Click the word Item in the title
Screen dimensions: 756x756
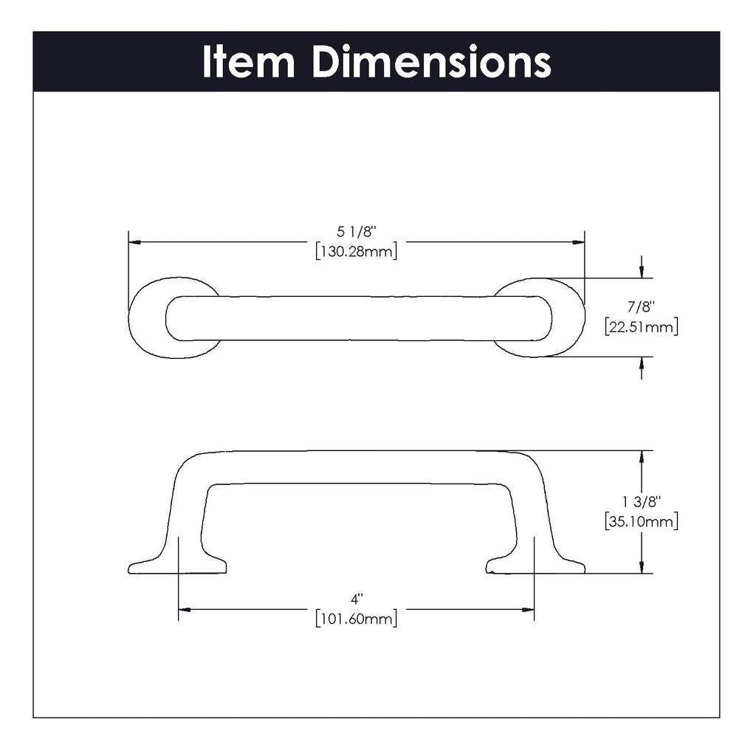click(248, 61)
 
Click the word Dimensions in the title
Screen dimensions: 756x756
click(431, 61)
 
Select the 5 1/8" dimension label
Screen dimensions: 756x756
click(356, 232)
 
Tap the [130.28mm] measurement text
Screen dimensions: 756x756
click(357, 251)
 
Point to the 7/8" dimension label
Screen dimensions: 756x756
click(641, 306)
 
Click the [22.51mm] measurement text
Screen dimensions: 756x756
click(642, 327)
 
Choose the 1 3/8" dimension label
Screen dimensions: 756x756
click(641, 502)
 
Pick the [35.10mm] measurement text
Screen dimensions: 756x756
click(642, 521)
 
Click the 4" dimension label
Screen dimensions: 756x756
click(357, 599)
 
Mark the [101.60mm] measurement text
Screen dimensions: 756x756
click(357, 618)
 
